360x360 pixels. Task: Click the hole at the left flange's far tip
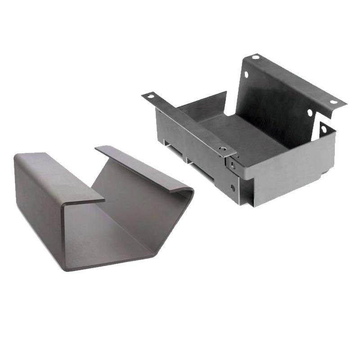coord(150,96)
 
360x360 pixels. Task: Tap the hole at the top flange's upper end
coord(256,57)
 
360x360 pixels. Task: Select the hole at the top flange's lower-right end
coord(333,102)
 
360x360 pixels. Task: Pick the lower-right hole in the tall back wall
coord(310,112)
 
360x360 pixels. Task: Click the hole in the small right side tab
coord(324,130)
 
